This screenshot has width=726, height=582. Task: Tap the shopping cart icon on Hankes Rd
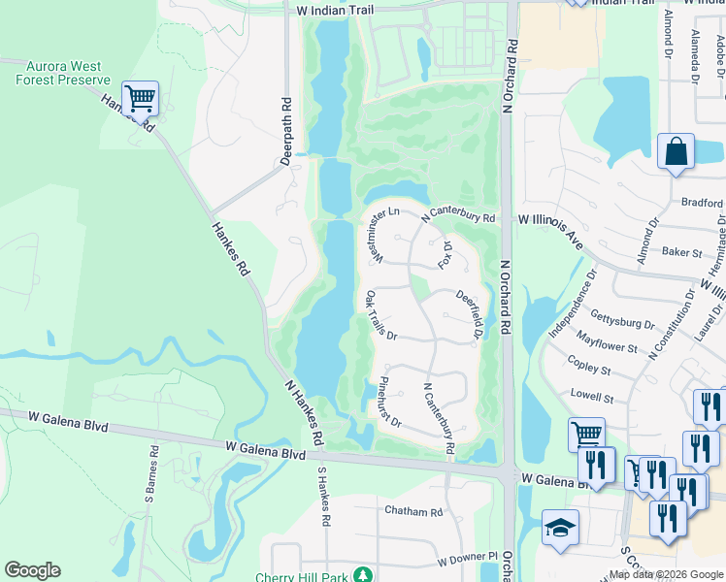click(x=141, y=97)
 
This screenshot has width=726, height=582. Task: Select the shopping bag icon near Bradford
click(x=676, y=152)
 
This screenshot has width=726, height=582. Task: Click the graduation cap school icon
click(x=560, y=529)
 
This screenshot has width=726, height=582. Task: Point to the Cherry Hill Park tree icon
click(x=362, y=576)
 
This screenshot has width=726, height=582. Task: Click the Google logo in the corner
click(x=32, y=570)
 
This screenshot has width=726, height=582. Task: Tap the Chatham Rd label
click(x=412, y=511)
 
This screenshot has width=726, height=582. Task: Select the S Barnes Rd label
click(x=152, y=473)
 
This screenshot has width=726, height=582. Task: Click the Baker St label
click(x=681, y=252)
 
